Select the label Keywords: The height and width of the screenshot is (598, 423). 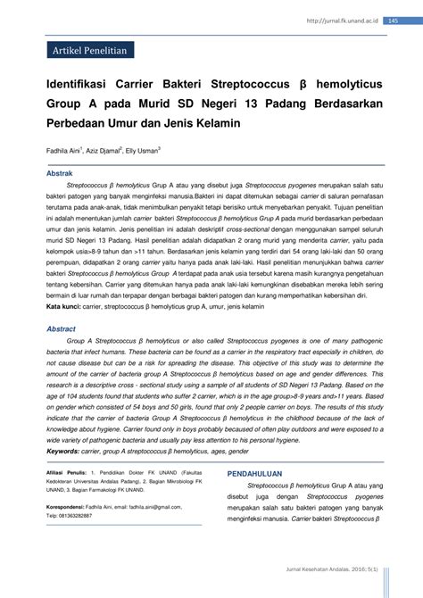coord(64,451)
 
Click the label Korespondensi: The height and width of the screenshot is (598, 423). coord(69,505)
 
